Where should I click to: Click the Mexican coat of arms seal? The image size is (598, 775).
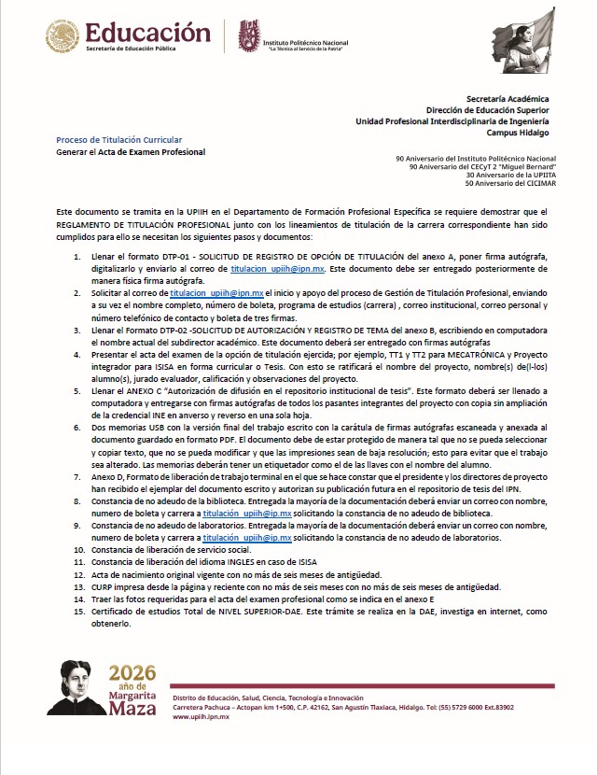[x=63, y=36]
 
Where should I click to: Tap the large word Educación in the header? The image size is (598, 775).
[x=147, y=32]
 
